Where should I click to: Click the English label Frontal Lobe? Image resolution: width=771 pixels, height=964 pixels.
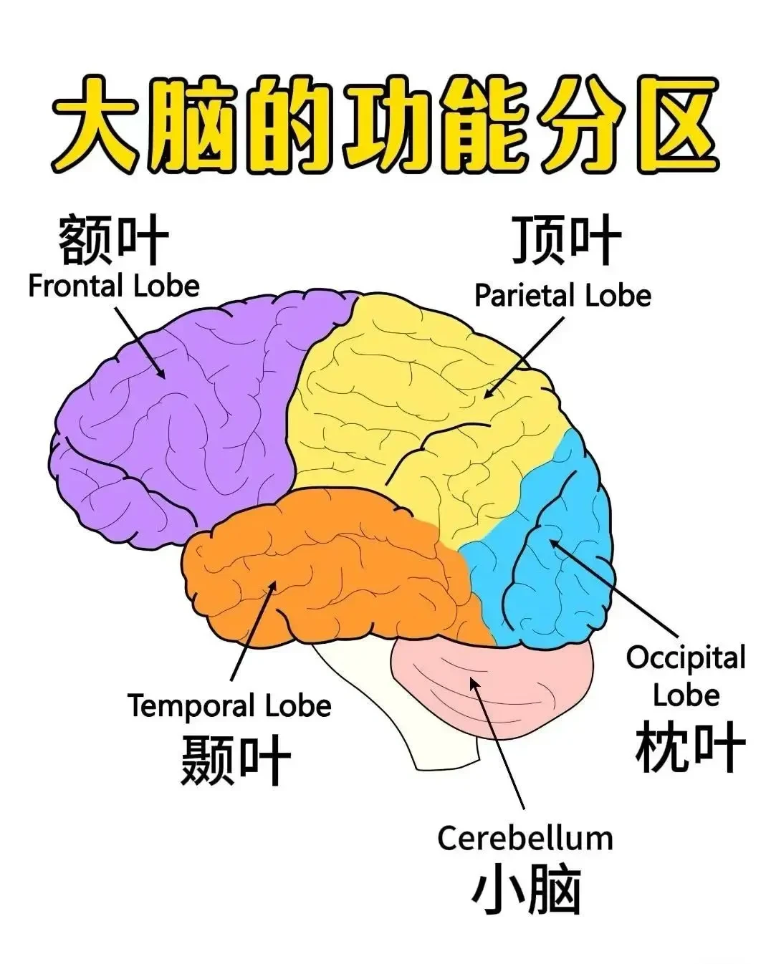pyautogui.click(x=114, y=286)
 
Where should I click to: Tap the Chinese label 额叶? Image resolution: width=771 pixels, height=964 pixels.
pyautogui.click(x=114, y=238)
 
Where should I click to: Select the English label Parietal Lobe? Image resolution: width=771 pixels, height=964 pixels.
pyautogui.click(x=562, y=295)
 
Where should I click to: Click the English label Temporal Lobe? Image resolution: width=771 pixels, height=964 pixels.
pyautogui.click(x=229, y=705)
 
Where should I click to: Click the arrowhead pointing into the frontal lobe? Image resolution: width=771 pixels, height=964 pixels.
pyautogui.click(x=160, y=371)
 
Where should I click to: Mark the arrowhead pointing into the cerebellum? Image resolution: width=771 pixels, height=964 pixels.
pyautogui.click(x=474, y=685)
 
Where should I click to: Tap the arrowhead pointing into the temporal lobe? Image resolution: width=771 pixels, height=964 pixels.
pyautogui.click(x=272, y=589)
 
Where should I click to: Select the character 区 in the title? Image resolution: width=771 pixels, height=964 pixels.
pyautogui.click(x=674, y=126)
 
